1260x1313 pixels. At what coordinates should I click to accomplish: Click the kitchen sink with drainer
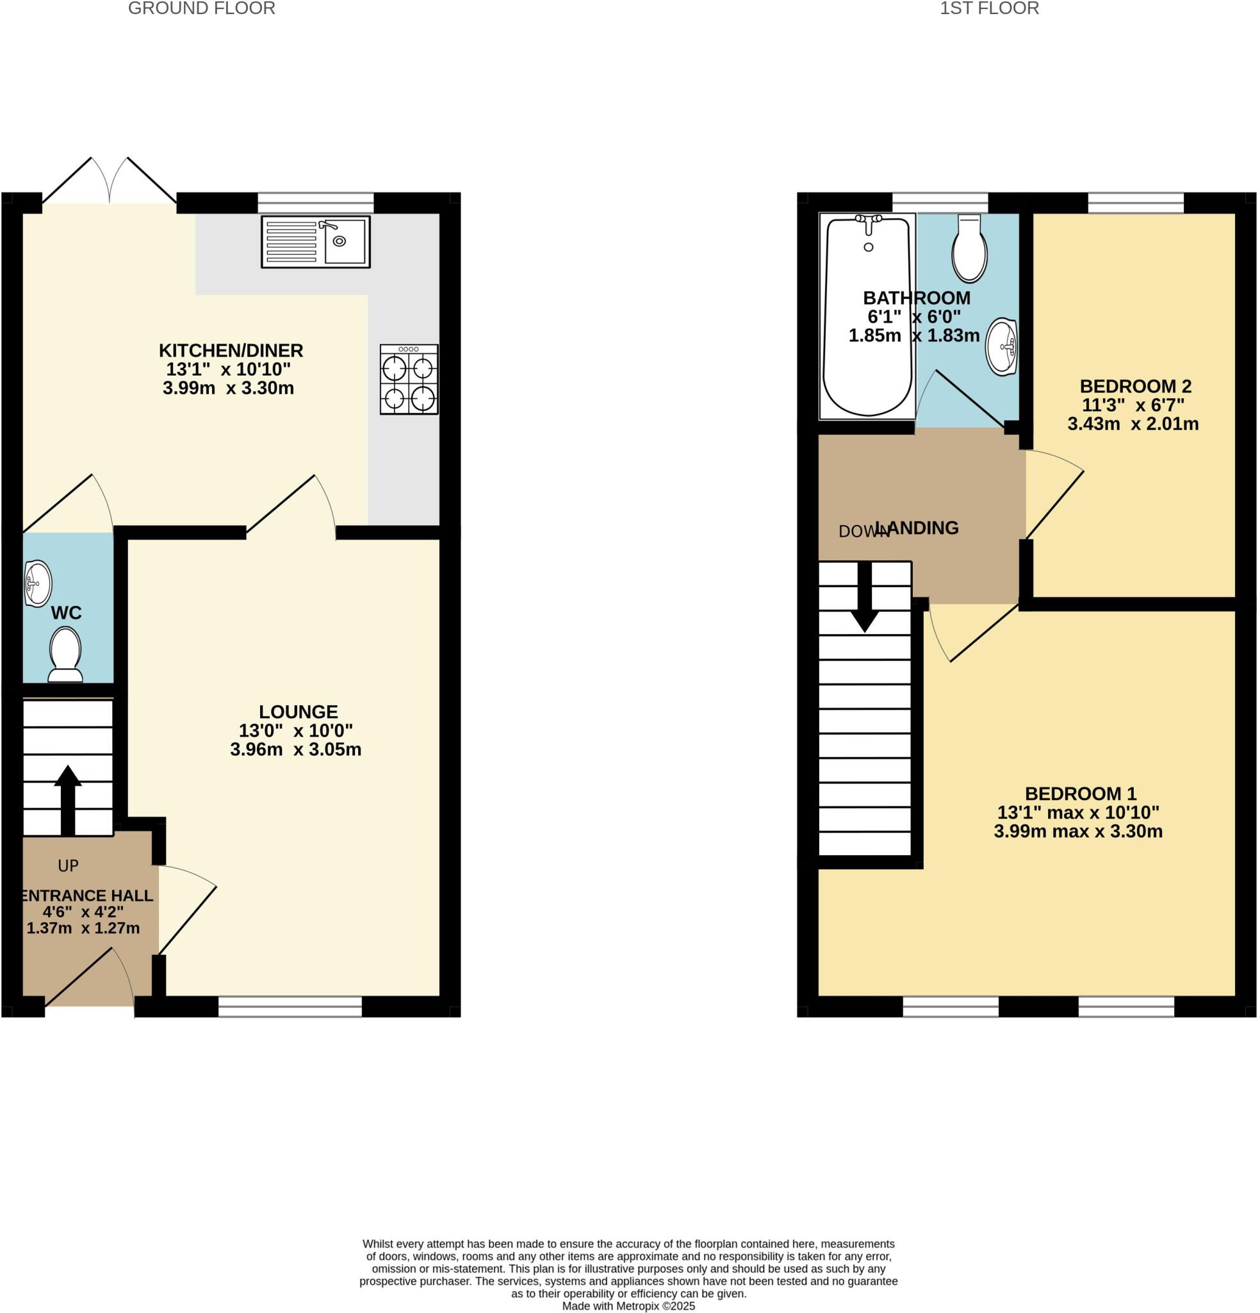(x=315, y=242)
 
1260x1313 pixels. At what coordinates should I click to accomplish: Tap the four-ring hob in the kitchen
(x=409, y=379)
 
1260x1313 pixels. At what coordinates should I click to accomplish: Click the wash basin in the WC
(x=38, y=583)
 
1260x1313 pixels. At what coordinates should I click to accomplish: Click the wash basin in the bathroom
(x=1002, y=346)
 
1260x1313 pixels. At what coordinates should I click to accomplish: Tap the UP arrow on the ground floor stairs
(x=68, y=801)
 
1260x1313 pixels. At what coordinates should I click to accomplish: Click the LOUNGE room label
(x=299, y=712)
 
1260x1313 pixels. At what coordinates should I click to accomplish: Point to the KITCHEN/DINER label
(x=231, y=350)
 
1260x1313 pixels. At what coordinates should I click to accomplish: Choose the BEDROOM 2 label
(x=1136, y=386)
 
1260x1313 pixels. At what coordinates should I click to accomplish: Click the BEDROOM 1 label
(x=1081, y=794)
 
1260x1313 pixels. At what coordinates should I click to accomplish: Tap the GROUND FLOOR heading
(x=202, y=9)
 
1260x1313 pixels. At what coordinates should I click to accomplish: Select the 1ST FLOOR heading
(x=989, y=9)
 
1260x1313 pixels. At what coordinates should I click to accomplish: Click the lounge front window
(x=290, y=1007)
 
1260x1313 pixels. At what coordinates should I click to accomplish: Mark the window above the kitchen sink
(x=315, y=203)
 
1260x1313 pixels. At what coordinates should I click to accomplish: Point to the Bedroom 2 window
(x=1136, y=203)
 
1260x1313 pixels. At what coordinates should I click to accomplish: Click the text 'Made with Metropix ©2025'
(x=628, y=1306)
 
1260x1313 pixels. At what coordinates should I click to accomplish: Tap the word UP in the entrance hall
(x=69, y=866)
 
